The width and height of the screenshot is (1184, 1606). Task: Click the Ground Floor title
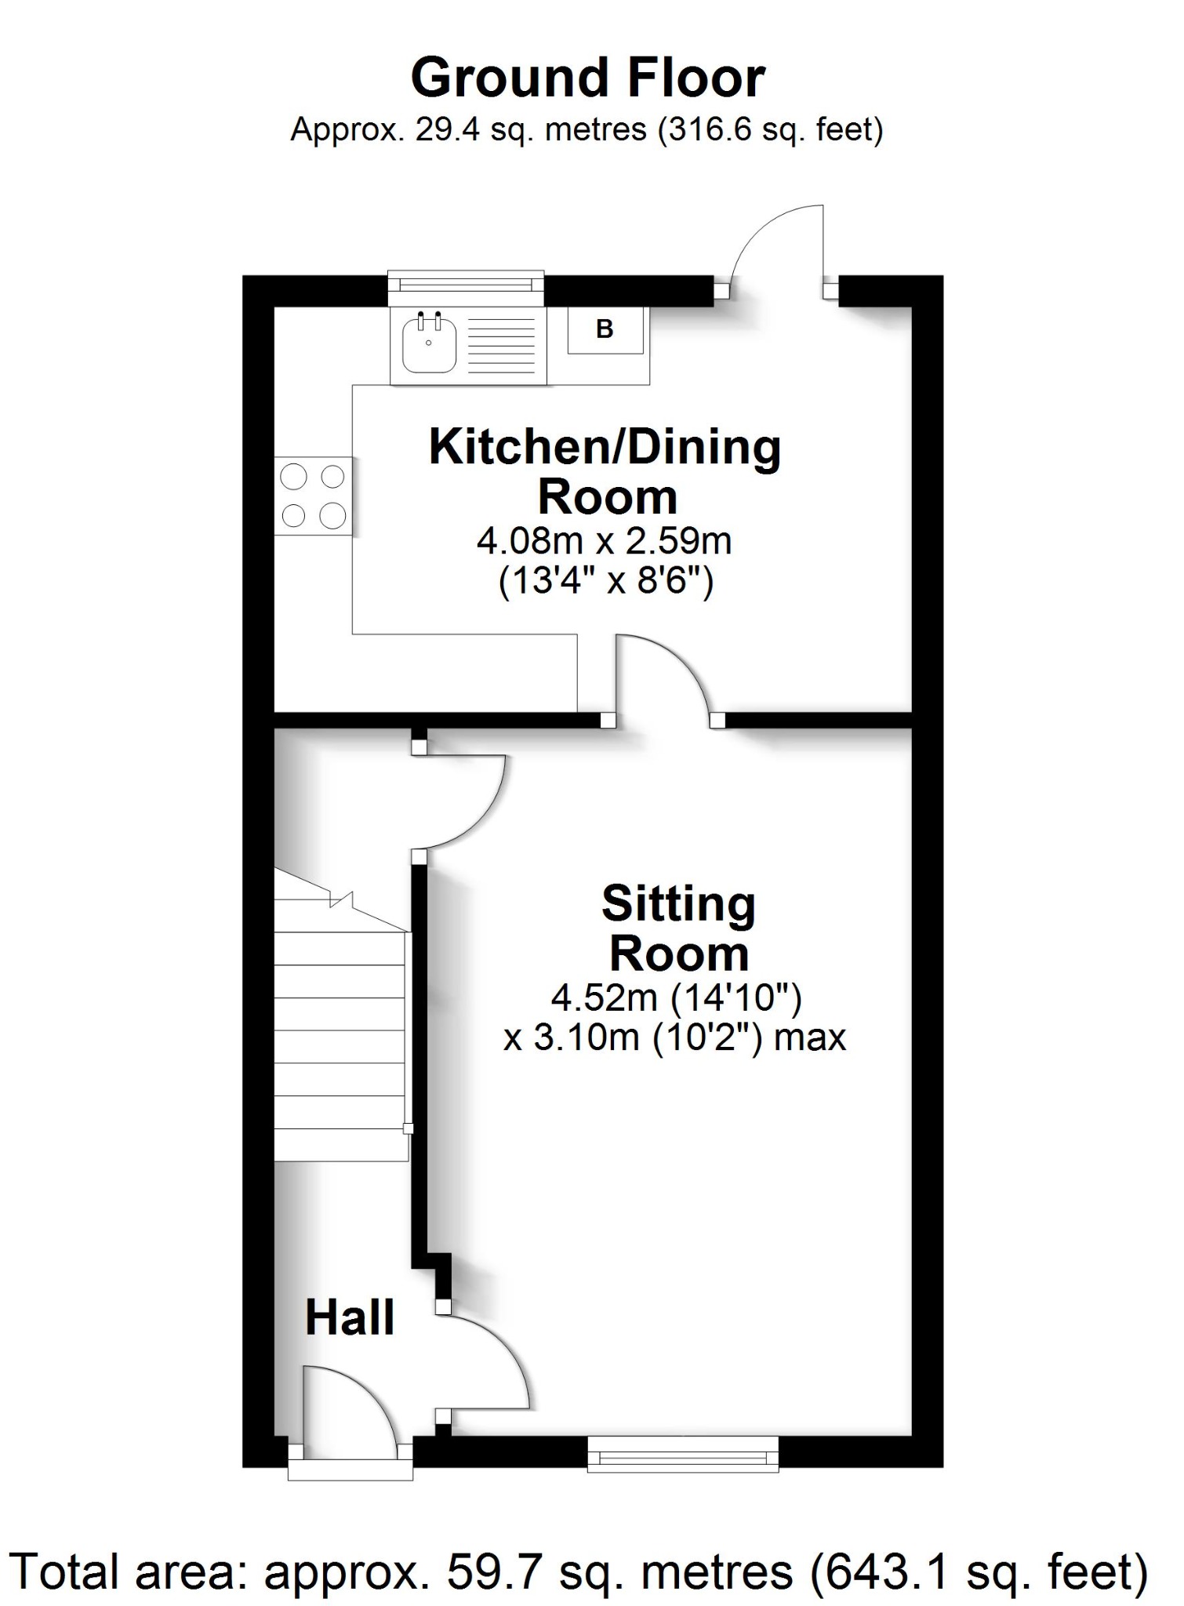(x=588, y=78)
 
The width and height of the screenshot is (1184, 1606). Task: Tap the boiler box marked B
(x=605, y=329)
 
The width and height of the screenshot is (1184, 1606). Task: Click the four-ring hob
(x=313, y=496)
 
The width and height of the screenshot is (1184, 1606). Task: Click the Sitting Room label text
(x=679, y=928)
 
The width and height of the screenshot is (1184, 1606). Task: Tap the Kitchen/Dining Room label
(x=605, y=471)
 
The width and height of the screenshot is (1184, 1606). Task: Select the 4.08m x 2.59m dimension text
(x=604, y=541)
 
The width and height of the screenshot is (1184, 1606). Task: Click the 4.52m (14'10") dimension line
(x=676, y=998)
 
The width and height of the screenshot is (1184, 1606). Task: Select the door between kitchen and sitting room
(x=666, y=674)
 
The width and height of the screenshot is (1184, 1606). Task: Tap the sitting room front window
(x=683, y=1455)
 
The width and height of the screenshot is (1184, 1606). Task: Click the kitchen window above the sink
(x=467, y=287)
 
